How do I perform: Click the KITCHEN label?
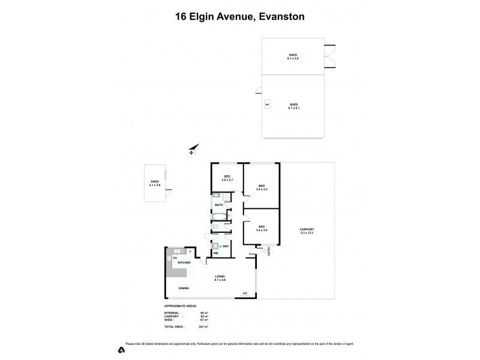tap(184, 263)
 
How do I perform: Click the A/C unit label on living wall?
tap(245, 293)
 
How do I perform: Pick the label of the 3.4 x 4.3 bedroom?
tap(262, 188)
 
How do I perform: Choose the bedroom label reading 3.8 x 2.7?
tap(227, 178)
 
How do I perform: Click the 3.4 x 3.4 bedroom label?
tap(262, 229)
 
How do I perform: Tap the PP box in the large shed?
tap(267, 105)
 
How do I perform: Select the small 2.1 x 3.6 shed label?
tap(155, 183)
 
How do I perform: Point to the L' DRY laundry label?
tap(224, 246)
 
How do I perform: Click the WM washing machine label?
tap(215, 254)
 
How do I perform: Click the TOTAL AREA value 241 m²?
tap(202, 327)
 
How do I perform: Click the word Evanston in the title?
tap(278, 17)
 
